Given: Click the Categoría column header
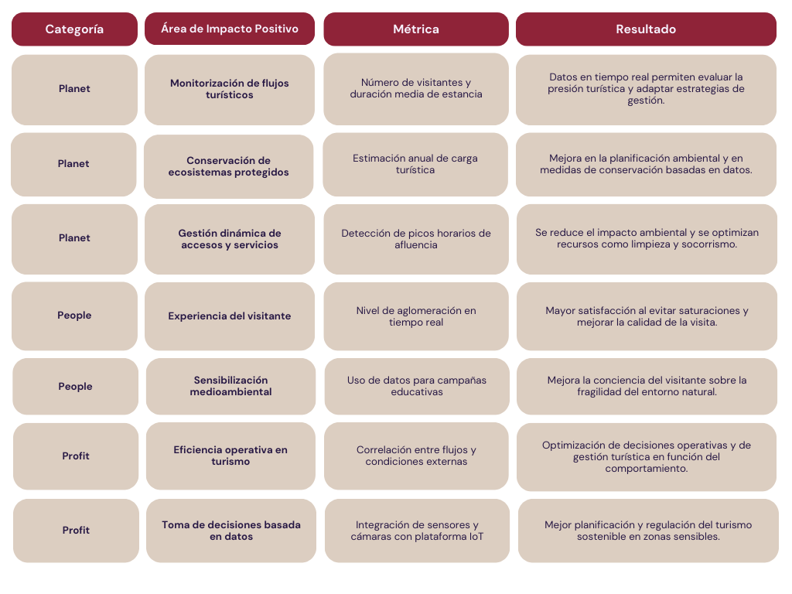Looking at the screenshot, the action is click(74, 29).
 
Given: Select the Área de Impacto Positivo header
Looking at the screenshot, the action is click(229, 29).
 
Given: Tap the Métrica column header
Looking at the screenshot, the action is click(415, 29).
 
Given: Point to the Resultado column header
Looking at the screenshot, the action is click(646, 29).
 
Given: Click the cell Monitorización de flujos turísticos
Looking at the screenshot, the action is click(229, 90).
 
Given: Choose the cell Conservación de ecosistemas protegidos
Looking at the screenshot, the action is click(228, 166).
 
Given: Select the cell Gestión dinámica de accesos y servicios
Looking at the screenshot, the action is click(229, 239).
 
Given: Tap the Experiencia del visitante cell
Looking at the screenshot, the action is click(229, 316).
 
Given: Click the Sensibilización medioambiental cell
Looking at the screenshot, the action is click(230, 386).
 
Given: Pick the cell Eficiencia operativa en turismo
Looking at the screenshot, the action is click(230, 456).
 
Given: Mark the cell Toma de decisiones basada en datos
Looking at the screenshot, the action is click(230, 531).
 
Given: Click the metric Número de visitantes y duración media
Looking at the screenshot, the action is click(415, 88).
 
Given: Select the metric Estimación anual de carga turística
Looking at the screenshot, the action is click(415, 164).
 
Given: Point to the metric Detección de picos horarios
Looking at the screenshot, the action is click(415, 239).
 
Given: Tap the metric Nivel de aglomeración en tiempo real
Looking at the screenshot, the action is click(415, 316).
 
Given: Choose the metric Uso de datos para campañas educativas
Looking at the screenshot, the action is click(417, 386).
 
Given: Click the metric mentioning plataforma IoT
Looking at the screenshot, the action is click(417, 531).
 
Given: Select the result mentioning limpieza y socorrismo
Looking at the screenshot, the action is click(647, 239).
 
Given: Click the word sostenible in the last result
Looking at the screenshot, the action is click(601, 537).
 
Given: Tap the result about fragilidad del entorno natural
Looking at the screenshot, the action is click(647, 386).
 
